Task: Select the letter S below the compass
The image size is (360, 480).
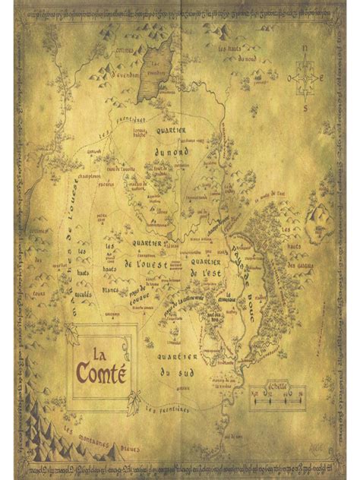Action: pyautogui.click(x=306, y=108)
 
